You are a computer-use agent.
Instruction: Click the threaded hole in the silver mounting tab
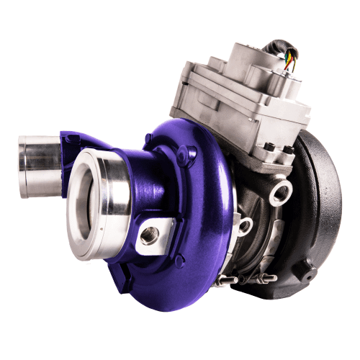pyautogui.click(x=150, y=235)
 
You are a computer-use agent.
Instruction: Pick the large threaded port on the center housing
pyautogui.click(x=279, y=192)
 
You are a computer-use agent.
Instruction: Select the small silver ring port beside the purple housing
pyautogui.click(x=245, y=225)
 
